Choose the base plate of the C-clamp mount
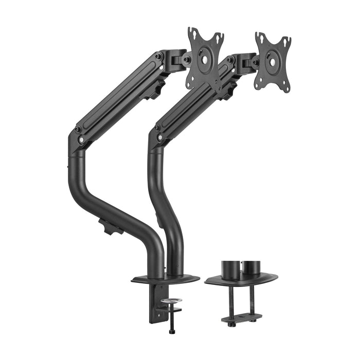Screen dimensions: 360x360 [x=166, y=280]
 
